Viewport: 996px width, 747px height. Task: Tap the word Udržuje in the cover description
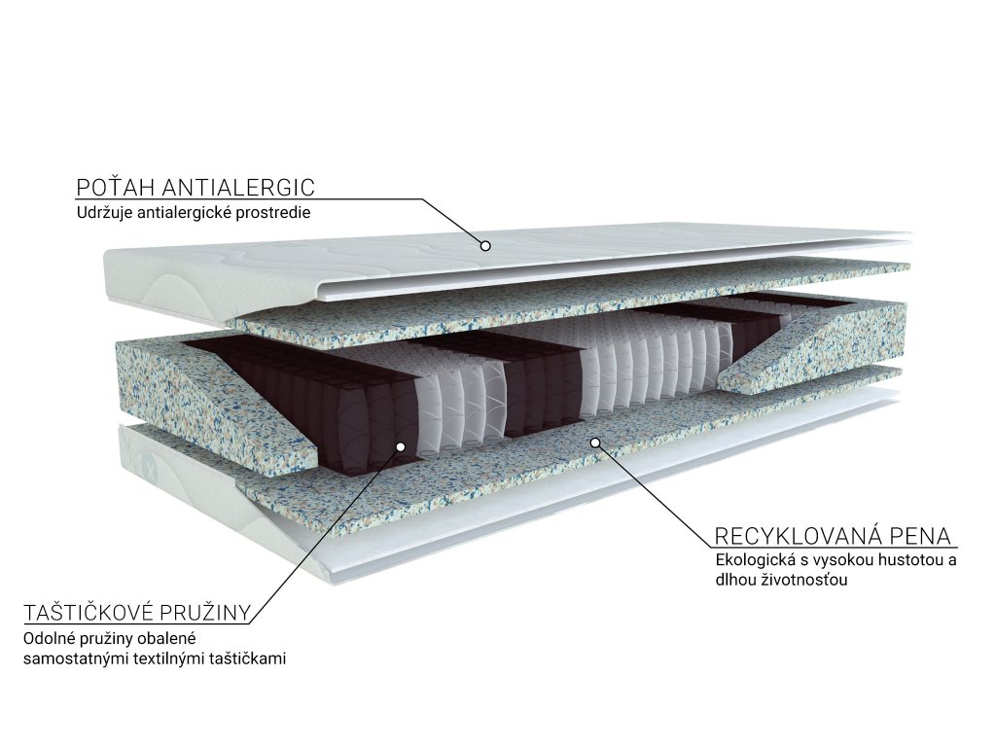pyautogui.click(x=102, y=213)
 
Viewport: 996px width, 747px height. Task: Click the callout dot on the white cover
pyautogui.click(x=484, y=245)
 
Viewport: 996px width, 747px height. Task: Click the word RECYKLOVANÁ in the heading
pyautogui.click(x=802, y=536)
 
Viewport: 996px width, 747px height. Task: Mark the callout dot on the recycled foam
pyautogui.click(x=595, y=443)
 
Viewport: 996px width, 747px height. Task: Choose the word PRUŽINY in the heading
pyautogui.click(x=209, y=613)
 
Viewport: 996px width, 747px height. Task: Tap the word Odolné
pyautogui.click(x=48, y=639)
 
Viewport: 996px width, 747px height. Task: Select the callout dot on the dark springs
pyautogui.click(x=401, y=446)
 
